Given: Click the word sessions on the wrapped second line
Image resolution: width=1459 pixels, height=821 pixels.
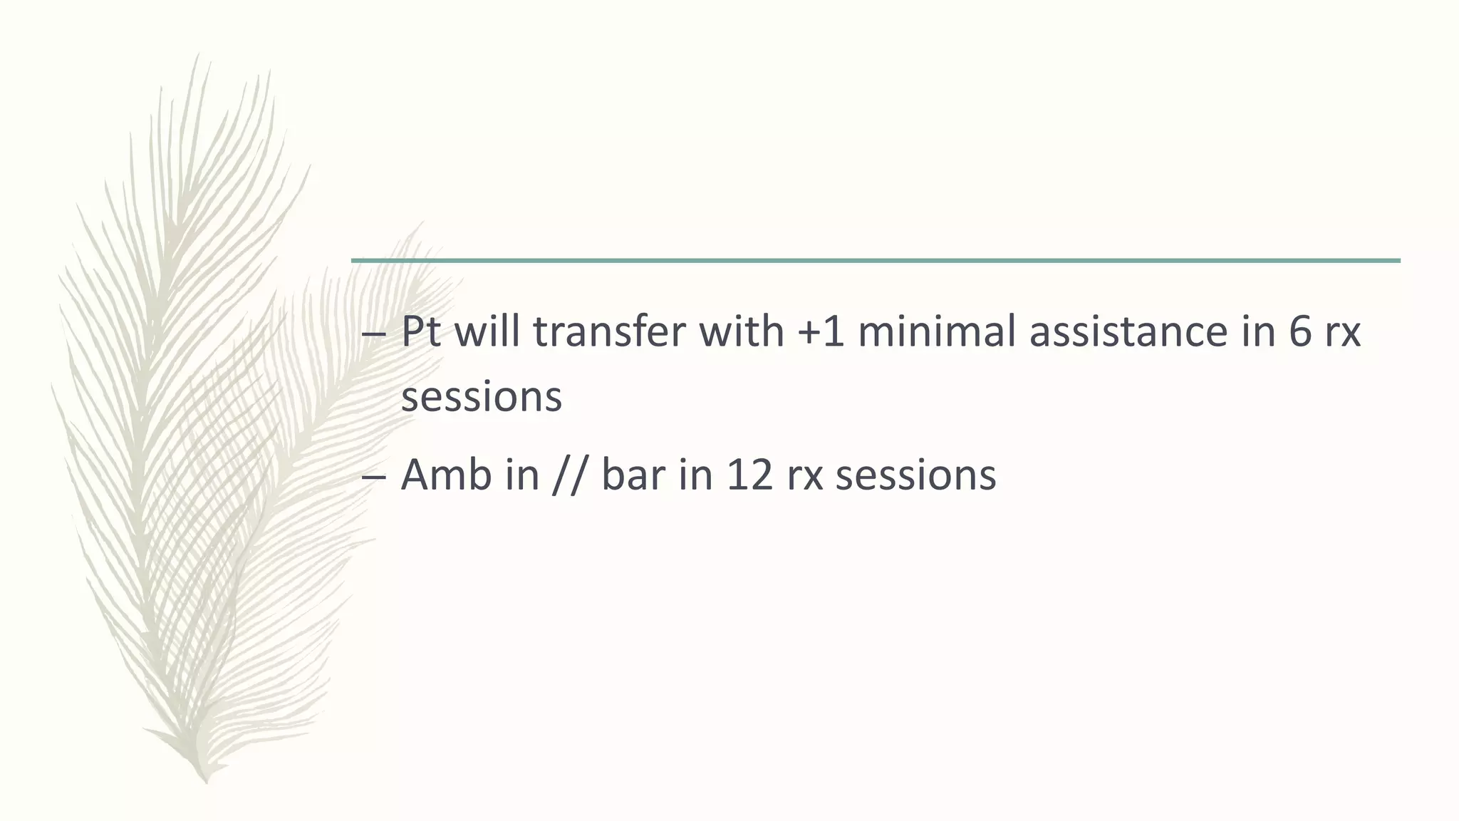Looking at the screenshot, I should [x=482, y=397].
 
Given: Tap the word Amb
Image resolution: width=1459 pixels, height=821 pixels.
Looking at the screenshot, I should [x=446, y=475].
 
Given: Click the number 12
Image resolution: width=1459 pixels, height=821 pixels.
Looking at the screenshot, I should [x=749, y=475].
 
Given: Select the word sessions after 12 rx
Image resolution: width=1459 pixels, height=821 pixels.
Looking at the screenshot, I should [x=915, y=475].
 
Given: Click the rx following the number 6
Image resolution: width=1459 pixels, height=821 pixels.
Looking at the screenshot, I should [x=1342, y=332].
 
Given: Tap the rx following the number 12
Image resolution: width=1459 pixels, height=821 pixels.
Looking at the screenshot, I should [x=805, y=475].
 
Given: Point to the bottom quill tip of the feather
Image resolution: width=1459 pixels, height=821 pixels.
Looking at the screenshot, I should [x=206, y=781].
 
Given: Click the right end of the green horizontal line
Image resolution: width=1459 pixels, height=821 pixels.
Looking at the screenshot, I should [x=1398, y=261].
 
